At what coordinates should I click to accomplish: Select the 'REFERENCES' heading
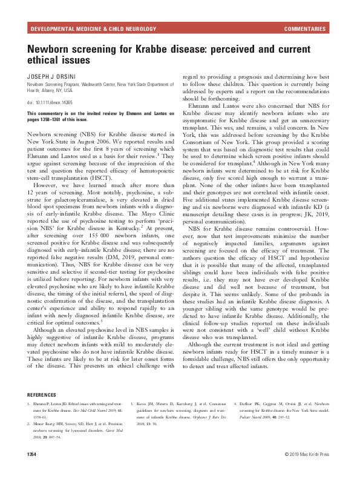click(45, 394)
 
